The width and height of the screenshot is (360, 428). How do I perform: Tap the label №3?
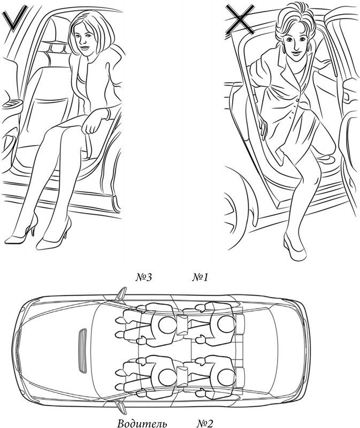coord(144,278)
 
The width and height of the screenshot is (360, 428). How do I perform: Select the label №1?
coord(200,278)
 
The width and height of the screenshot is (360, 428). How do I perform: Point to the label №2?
coord(205,423)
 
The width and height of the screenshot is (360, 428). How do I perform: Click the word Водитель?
coord(142,424)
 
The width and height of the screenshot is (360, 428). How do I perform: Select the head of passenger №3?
coord(167,324)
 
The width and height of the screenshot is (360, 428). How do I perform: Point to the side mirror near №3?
coord(121,294)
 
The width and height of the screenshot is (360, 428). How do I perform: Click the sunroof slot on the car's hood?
coord(82,350)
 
